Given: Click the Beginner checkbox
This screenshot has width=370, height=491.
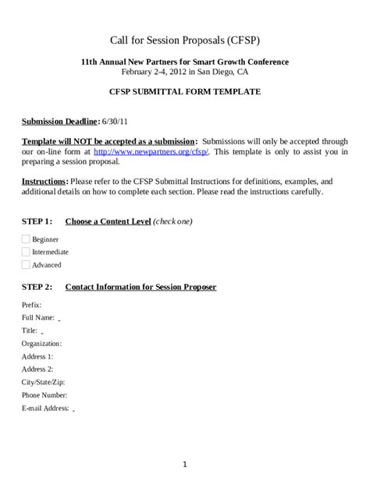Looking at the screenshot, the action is [x=26, y=239].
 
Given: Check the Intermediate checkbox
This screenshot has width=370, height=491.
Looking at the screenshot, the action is [x=26, y=252].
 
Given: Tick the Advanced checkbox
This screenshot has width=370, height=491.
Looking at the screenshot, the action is [x=26, y=265].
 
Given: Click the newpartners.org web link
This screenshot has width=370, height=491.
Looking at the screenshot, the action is [x=151, y=151].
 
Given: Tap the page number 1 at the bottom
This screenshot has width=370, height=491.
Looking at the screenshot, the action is [x=185, y=465].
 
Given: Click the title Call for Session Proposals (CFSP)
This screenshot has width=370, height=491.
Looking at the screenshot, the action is [x=185, y=40].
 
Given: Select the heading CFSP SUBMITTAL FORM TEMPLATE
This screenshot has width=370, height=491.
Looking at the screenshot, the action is [x=185, y=91].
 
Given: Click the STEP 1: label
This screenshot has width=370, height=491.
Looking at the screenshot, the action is [x=37, y=221].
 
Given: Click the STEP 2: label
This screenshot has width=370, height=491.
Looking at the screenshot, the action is [x=37, y=287].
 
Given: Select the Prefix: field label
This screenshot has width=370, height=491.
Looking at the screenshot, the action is [x=32, y=305].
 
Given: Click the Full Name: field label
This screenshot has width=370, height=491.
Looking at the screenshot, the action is [x=38, y=317].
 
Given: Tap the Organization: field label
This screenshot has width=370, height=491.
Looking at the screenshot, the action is [x=42, y=343].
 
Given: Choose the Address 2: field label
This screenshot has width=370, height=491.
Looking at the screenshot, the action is [x=37, y=369].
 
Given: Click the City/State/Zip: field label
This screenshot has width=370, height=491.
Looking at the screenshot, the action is [x=44, y=382].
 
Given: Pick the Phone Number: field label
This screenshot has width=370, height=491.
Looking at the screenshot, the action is [x=44, y=394].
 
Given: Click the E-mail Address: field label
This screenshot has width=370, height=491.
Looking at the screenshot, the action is [x=46, y=408].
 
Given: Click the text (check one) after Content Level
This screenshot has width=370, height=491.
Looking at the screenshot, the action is [x=173, y=221].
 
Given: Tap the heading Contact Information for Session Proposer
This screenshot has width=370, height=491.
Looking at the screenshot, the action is [x=141, y=287].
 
